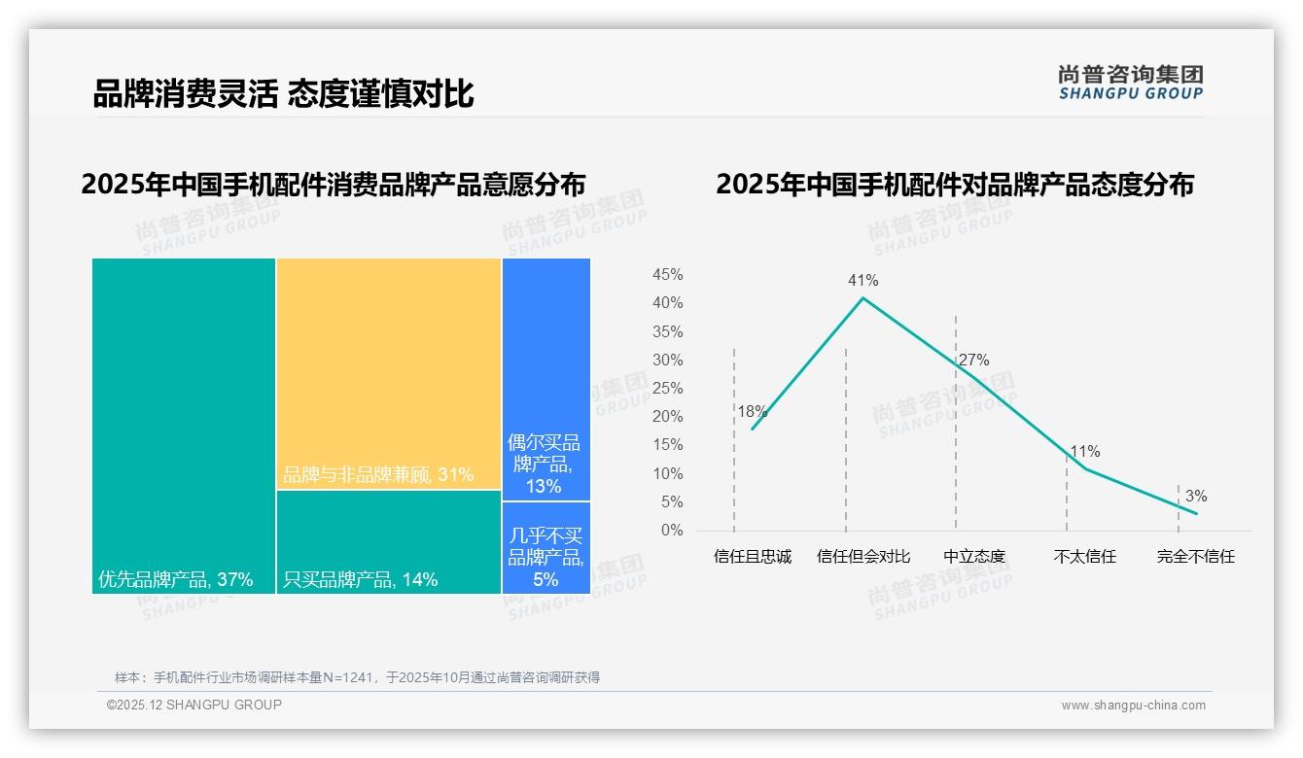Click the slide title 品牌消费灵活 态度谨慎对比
pyautogui.click(x=283, y=94)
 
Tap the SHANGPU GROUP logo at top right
pyautogui.click(x=1130, y=83)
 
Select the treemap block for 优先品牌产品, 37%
pyautogui.click(x=184, y=426)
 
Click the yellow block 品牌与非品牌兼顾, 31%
pyautogui.click(x=389, y=373)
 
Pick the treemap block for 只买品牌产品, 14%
pyautogui.click(x=389, y=542)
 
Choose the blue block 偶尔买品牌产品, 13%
pyautogui.click(x=546, y=379)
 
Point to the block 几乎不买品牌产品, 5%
pyautogui.click(x=546, y=548)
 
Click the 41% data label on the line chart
pyautogui.click(x=863, y=281)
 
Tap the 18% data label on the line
pyautogui.click(x=752, y=411)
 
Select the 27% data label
pyautogui.click(x=973, y=361)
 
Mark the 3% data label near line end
pyautogui.click(x=1195, y=497)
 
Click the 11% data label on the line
pyautogui.click(x=1084, y=452)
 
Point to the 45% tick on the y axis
pyautogui.click(x=667, y=275)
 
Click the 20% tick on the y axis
pyautogui.click(x=667, y=417)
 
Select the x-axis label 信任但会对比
pyautogui.click(x=863, y=557)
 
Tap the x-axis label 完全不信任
pyautogui.click(x=1195, y=557)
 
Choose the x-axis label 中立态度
pyautogui.click(x=974, y=557)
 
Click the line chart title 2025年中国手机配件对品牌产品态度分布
pyautogui.click(x=954, y=185)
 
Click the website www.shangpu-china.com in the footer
pyautogui.click(x=1133, y=706)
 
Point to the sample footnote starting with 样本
pyautogui.click(x=357, y=677)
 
